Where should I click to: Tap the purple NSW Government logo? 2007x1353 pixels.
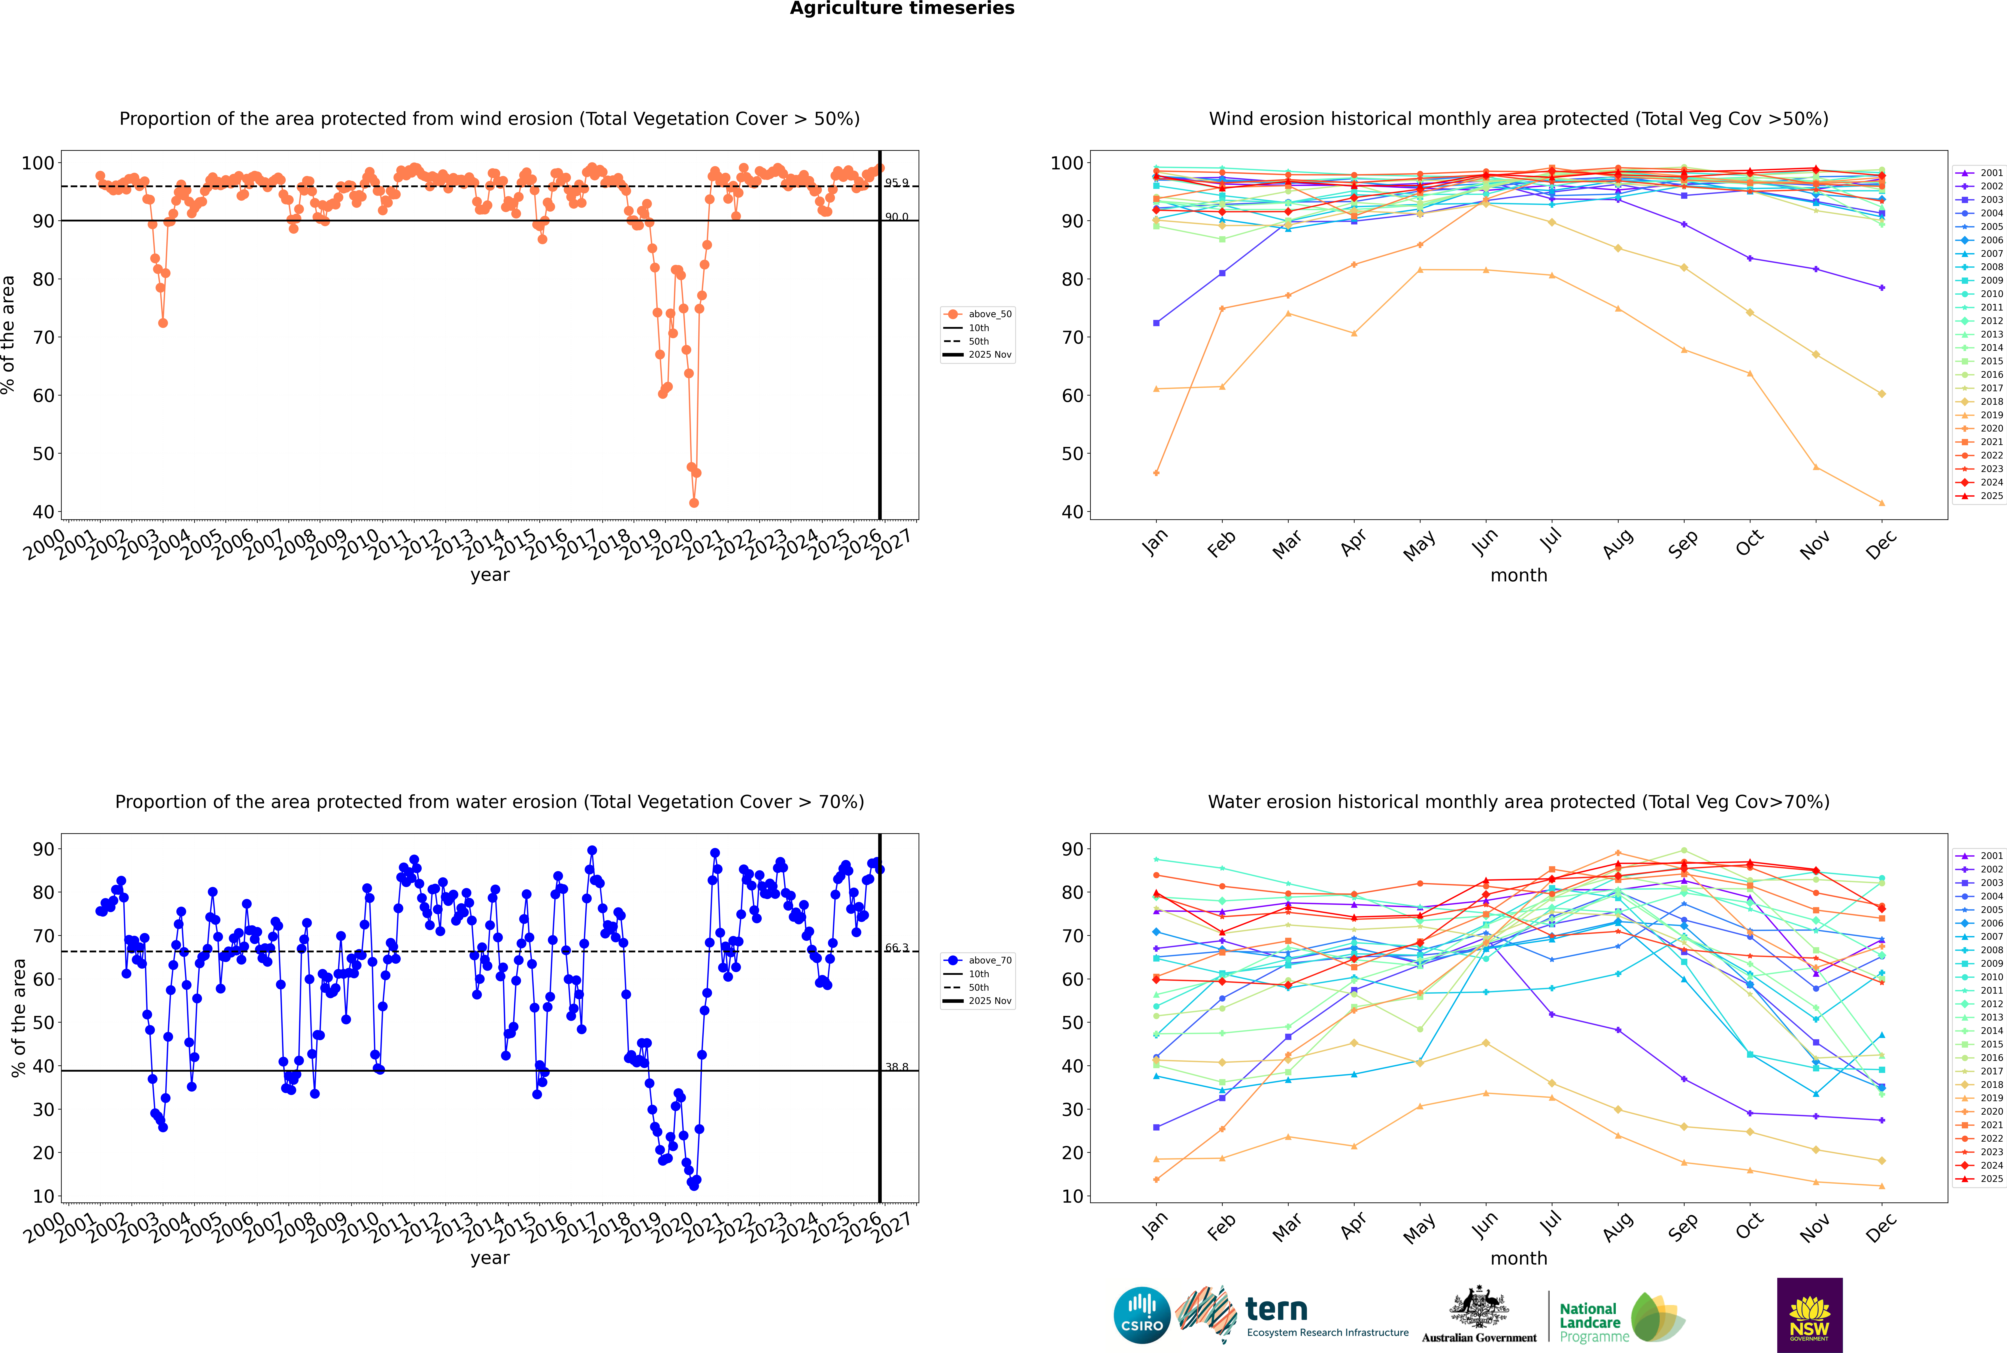click(x=1809, y=1314)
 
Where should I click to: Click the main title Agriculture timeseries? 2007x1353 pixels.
click(x=902, y=9)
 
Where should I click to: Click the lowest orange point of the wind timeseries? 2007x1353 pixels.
click(x=694, y=502)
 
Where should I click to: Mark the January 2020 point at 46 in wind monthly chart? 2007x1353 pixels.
click(x=1156, y=473)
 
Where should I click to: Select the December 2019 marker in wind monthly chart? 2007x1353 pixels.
click(x=1882, y=503)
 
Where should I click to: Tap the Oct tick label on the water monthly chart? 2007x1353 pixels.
click(x=1749, y=1226)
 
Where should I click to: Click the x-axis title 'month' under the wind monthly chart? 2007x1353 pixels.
click(x=1519, y=576)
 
